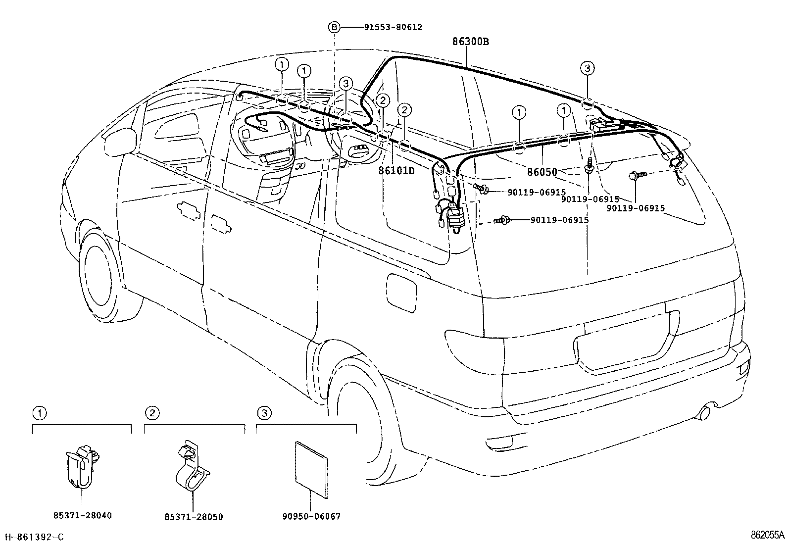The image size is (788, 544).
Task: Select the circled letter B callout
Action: click(335, 27)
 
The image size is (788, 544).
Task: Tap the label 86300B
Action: click(470, 42)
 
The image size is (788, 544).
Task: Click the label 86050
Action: click(542, 172)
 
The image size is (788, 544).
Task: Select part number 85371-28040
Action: click(83, 516)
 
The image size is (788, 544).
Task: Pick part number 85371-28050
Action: click(194, 517)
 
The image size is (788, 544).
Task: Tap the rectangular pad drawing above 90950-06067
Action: click(311, 469)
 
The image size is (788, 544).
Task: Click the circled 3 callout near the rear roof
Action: click(587, 68)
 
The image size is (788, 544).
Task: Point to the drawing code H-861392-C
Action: click(34, 537)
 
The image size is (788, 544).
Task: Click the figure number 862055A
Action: click(767, 535)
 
